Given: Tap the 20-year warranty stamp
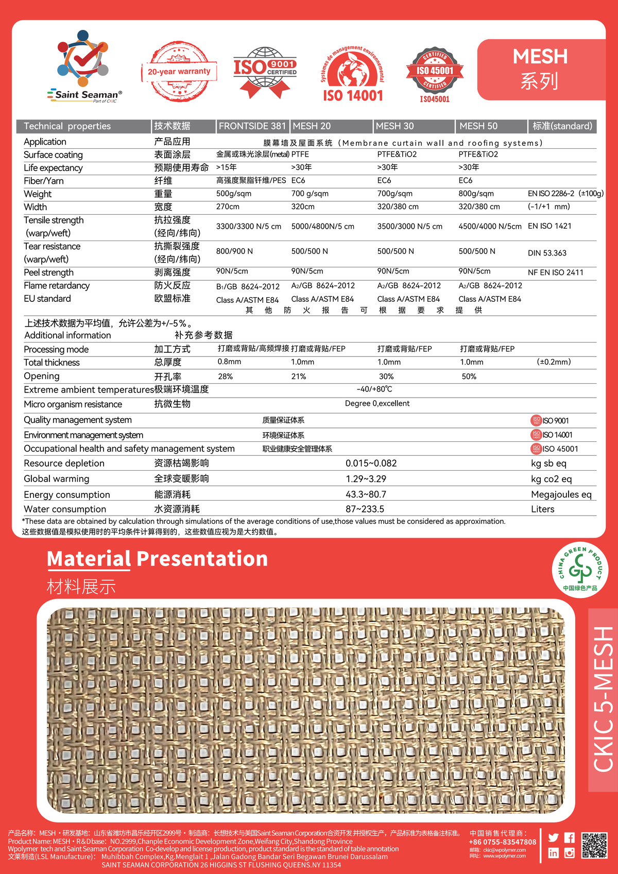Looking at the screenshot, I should click(x=179, y=72).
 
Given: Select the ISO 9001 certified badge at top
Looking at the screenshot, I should click(x=265, y=72).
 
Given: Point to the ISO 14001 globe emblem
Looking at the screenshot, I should click(x=353, y=72).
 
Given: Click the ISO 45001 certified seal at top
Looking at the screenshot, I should click(x=435, y=74).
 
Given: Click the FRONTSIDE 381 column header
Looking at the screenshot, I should click(x=252, y=126).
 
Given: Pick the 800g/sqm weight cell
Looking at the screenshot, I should click(x=476, y=194).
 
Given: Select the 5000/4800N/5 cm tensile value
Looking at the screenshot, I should click(x=322, y=226).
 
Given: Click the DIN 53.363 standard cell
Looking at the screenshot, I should click(x=547, y=253).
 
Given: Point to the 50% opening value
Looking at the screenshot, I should click(x=469, y=376).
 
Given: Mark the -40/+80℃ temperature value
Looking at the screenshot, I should click(x=374, y=389).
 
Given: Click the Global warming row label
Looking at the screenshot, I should click(x=57, y=479).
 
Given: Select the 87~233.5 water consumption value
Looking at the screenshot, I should click(x=365, y=509).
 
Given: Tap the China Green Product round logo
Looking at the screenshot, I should click(x=580, y=570).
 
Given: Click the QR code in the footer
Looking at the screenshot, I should click(x=594, y=845).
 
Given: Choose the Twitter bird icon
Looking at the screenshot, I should click(x=553, y=838).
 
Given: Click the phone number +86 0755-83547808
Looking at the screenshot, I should click(x=502, y=842).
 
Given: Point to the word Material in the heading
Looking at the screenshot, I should click(x=89, y=559).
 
